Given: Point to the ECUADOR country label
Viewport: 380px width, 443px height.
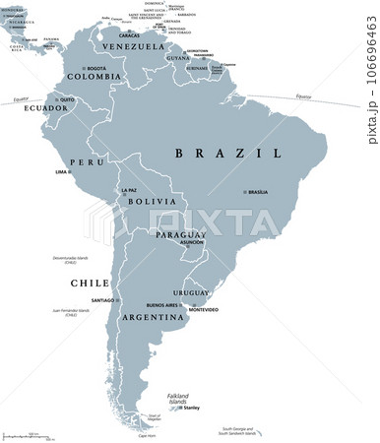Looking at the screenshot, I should [x=45, y=108].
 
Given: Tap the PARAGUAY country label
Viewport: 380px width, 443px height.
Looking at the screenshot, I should [x=179, y=236].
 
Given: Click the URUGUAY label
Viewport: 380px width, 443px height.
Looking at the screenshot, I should [x=192, y=293].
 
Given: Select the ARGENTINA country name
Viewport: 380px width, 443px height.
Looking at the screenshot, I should [x=153, y=319].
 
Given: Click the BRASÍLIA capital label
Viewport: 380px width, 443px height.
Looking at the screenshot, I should [x=258, y=192].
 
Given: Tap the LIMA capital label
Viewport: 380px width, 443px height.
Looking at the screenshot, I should [x=61, y=172].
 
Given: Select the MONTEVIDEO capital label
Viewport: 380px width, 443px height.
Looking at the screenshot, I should [x=204, y=310].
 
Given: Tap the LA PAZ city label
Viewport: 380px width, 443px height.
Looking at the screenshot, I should [x=128, y=190].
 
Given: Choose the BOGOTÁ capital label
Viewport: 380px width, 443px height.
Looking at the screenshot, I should [x=96, y=68].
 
